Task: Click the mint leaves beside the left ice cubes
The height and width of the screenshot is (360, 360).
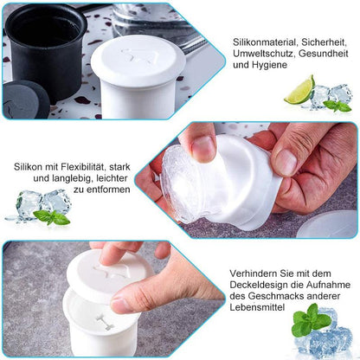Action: tap(53, 216)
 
